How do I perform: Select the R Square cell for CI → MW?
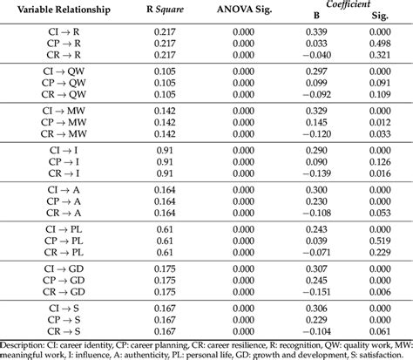[x=163, y=111]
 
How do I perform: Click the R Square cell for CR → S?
[x=163, y=332]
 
